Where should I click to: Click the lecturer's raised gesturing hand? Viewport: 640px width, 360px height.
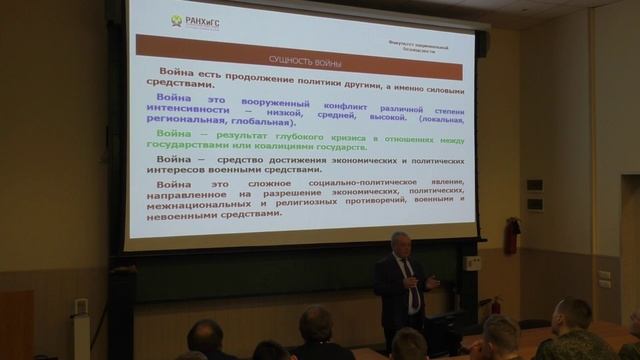click(x=432, y=283)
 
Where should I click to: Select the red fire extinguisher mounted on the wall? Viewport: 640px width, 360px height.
click(x=511, y=237)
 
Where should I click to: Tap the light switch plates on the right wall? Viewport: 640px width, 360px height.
click(x=604, y=278)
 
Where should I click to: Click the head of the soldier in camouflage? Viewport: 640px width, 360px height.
click(x=571, y=318)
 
